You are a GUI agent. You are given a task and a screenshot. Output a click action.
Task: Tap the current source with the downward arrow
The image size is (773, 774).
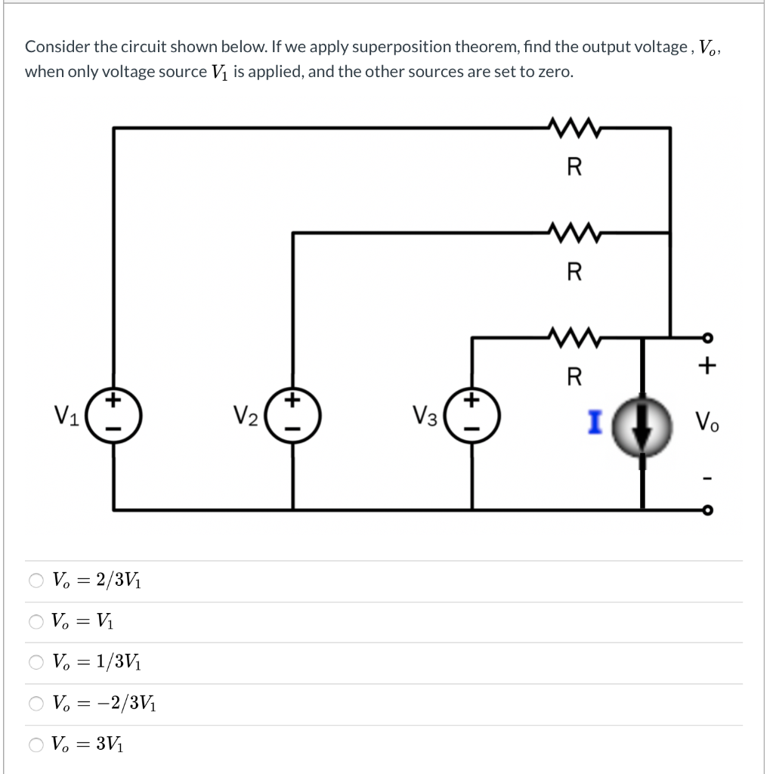tap(642, 429)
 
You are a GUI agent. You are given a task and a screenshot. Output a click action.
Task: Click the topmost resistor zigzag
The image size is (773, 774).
tap(574, 127)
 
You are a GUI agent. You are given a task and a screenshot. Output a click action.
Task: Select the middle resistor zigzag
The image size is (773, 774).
tap(574, 232)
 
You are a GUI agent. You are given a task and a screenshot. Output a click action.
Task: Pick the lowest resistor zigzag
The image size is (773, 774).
tap(574, 336)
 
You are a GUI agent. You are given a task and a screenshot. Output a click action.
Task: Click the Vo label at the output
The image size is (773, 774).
tap(707, 421)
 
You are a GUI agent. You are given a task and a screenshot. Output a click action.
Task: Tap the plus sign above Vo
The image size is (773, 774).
tap(707, 367)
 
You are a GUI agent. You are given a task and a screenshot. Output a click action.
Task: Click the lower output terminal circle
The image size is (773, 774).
tap(707, 510)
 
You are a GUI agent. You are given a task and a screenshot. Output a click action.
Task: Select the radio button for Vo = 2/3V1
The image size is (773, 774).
tap(37, 581)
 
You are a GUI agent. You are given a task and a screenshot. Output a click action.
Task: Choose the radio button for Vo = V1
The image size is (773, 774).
tap(37, 622)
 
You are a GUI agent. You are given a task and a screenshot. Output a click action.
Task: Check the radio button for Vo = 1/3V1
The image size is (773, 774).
tap(37, 663)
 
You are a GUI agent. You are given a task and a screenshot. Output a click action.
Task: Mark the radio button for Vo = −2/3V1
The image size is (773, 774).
tap(37, 704)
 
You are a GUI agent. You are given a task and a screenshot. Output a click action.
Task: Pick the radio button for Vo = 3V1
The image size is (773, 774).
tap(37, 745)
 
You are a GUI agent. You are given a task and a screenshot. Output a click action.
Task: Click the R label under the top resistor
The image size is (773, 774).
tap(574, 168)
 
